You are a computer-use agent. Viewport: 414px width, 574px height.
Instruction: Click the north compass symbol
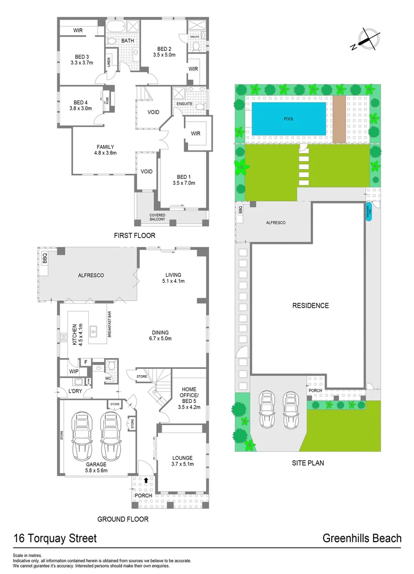367,39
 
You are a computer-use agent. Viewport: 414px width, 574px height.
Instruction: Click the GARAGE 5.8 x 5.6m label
96,466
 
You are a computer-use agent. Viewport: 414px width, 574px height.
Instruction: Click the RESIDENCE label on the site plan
310,306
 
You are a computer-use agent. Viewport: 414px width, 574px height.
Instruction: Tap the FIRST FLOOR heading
135,235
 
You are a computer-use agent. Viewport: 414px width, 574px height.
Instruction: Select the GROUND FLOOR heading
123,519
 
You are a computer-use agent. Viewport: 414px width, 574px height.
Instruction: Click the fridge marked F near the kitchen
85,362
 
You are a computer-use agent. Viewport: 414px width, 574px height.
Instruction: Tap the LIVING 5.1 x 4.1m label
174,278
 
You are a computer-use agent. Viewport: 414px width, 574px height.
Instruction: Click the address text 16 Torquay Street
55,538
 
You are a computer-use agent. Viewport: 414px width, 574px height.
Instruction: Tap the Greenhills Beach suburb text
362,538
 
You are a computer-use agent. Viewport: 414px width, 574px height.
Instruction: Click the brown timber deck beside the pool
339,119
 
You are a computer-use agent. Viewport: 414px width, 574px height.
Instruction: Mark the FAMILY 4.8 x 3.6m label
105,150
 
